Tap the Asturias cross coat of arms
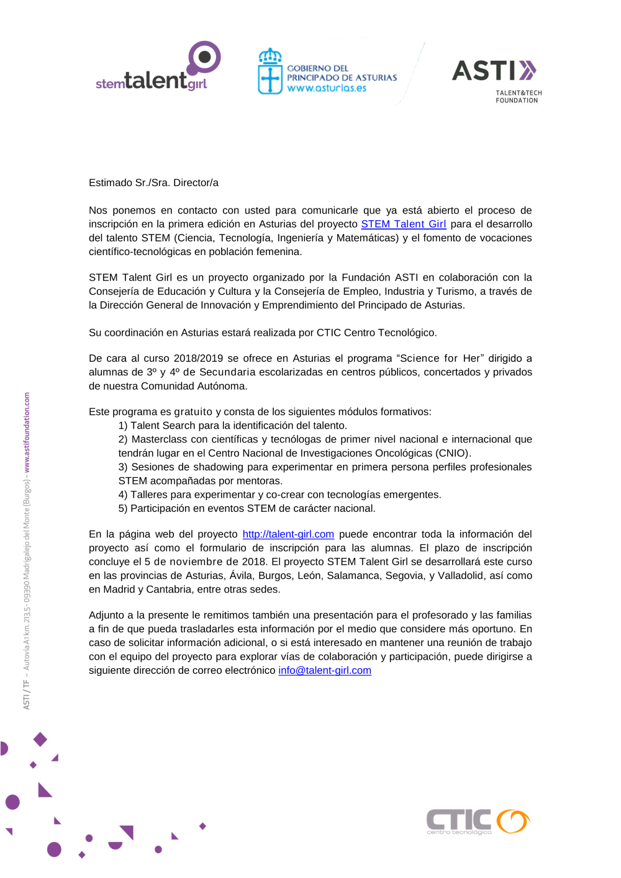click(270, 72)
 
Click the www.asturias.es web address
click(327, 88)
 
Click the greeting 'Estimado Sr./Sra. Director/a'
click(153, 182)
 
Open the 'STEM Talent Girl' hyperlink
click(404, 224)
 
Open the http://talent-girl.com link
click(288, 534)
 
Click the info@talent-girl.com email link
click(325, 671)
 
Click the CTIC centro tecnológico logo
click(478, 822)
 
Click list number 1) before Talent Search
click(123, 426)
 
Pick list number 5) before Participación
click(123, 509)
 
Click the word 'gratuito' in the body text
click(193, 412)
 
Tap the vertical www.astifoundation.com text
click(27, 432)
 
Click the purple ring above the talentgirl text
click(204, 58)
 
